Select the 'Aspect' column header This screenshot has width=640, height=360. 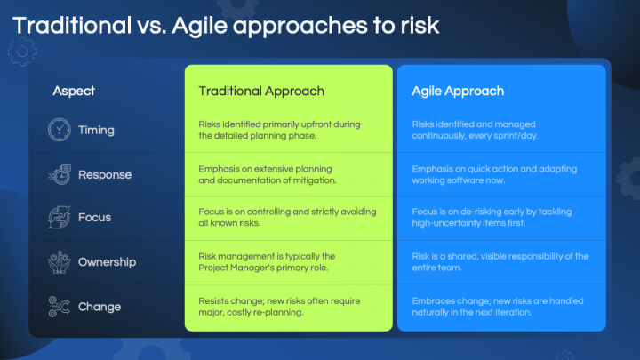click(74, 91)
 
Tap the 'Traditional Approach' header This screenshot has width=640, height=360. click(261, 91)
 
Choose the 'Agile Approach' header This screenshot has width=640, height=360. click(458, 91)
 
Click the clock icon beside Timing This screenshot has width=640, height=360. click(59, 130)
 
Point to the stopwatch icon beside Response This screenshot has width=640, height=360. click(59, 174)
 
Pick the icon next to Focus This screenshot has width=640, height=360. click(59, 218)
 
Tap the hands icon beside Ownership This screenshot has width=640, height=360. click(59, 262)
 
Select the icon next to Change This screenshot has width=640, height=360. click(59, 307)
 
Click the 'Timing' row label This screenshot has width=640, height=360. click(96, 130)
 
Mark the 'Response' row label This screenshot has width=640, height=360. click(105, 174)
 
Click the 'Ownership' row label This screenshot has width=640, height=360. click(107, 262)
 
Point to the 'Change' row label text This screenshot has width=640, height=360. click(99, 307)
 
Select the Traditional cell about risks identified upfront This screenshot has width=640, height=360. click(279, 130)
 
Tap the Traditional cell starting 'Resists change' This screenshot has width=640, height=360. click(279, 307)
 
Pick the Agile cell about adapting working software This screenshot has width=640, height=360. click(494, 174)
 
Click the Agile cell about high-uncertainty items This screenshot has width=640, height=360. click(492, 218)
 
